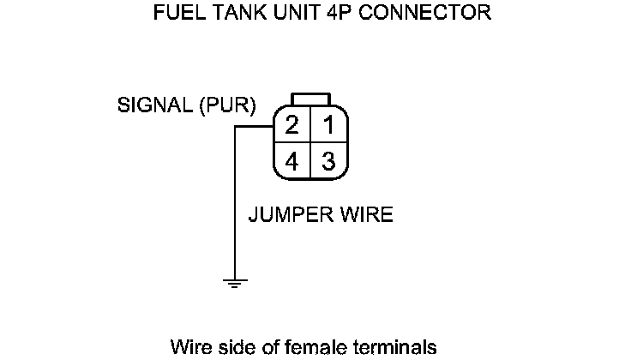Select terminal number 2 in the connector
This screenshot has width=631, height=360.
(x=291, y=127)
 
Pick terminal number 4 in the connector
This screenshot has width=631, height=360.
(x=291, y=161)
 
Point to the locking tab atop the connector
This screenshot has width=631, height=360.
(x=309, y=97)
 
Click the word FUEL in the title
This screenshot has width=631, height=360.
(x=174, y=14)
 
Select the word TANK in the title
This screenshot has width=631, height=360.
(x=227, y=14)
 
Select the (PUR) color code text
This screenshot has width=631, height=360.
(x=225, y=107)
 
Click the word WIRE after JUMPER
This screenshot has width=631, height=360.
(x=366, y=214)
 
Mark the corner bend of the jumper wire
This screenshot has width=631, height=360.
(x=234, y=127)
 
